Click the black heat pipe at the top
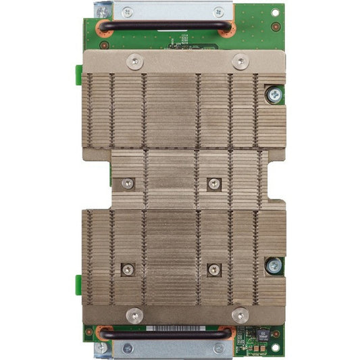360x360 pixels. pos(165,26)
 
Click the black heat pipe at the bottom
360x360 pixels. pos(165,334)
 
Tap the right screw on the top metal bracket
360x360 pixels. pos(218,11)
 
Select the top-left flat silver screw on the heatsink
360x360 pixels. pos(136,62)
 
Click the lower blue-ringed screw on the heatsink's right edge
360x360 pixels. pos(273,265)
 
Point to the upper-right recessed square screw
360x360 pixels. pos(214,183)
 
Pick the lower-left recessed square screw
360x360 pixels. pos(128,269)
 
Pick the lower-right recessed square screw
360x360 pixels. pos(214,269)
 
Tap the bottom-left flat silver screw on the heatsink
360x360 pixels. pos(134,314)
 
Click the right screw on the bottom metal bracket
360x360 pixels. pos(218,349)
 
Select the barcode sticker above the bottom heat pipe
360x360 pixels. pos(172,328)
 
